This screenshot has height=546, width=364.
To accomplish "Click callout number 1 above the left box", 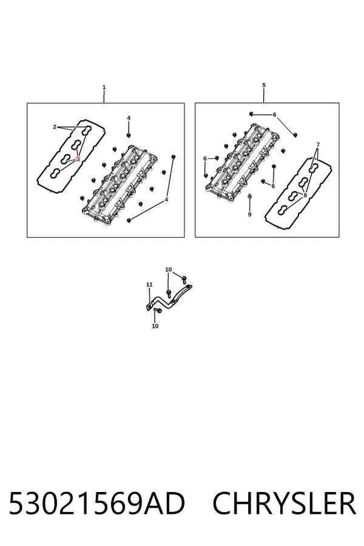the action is pos(104,87).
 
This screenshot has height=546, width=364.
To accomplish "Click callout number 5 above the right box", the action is pos(264,85).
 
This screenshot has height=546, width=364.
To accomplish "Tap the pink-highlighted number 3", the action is pos(77,158).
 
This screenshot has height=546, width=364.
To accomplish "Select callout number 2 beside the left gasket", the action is pos(55,127).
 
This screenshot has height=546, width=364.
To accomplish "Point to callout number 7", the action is pos(318,144).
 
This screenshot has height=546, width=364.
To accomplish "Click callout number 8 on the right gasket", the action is pos(305,195).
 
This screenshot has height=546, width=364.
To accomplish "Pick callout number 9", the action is pos(249,215).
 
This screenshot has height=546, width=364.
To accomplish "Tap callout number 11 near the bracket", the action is pos(149,285).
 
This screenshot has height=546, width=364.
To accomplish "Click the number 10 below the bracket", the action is pos(155,326).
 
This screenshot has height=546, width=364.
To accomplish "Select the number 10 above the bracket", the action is pos(168,269).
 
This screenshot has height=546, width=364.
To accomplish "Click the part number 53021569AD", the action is pos(96,504).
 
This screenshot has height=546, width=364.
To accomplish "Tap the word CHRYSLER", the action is pos(285,504).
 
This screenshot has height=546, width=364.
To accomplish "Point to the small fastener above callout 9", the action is pos(249,197).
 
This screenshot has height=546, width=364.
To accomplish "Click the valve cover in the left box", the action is pos(119,184).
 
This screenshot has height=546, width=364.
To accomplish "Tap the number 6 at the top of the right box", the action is pos(274,115).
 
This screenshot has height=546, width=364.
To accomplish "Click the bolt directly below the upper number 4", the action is pos(129,135).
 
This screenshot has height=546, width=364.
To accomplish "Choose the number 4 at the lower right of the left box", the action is pos(166,200).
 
